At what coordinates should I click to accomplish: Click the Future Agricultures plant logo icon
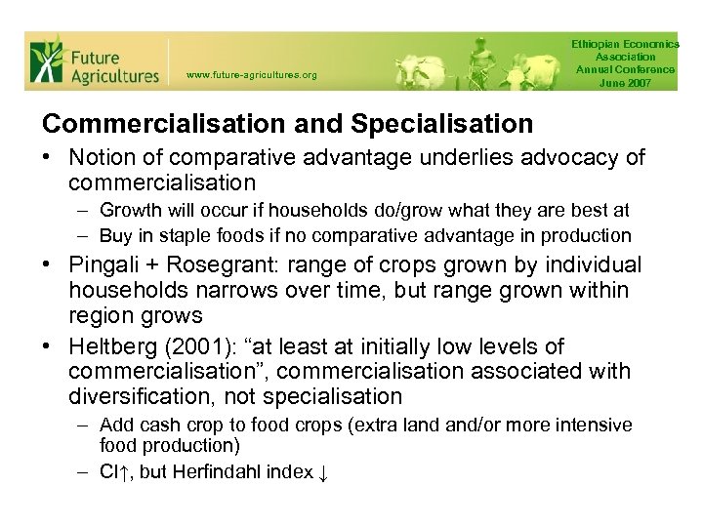click(46, 61)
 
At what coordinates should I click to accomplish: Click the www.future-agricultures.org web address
click(251, 74)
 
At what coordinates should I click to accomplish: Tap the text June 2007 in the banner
click(626, 83)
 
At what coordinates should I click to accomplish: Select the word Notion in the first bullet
click(102, 157)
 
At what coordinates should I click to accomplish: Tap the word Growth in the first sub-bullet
click(127, 210)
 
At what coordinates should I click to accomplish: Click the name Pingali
click(104, 265)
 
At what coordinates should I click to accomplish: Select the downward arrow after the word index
click(323, 473)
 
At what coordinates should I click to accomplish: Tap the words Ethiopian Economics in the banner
click(626, 45)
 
